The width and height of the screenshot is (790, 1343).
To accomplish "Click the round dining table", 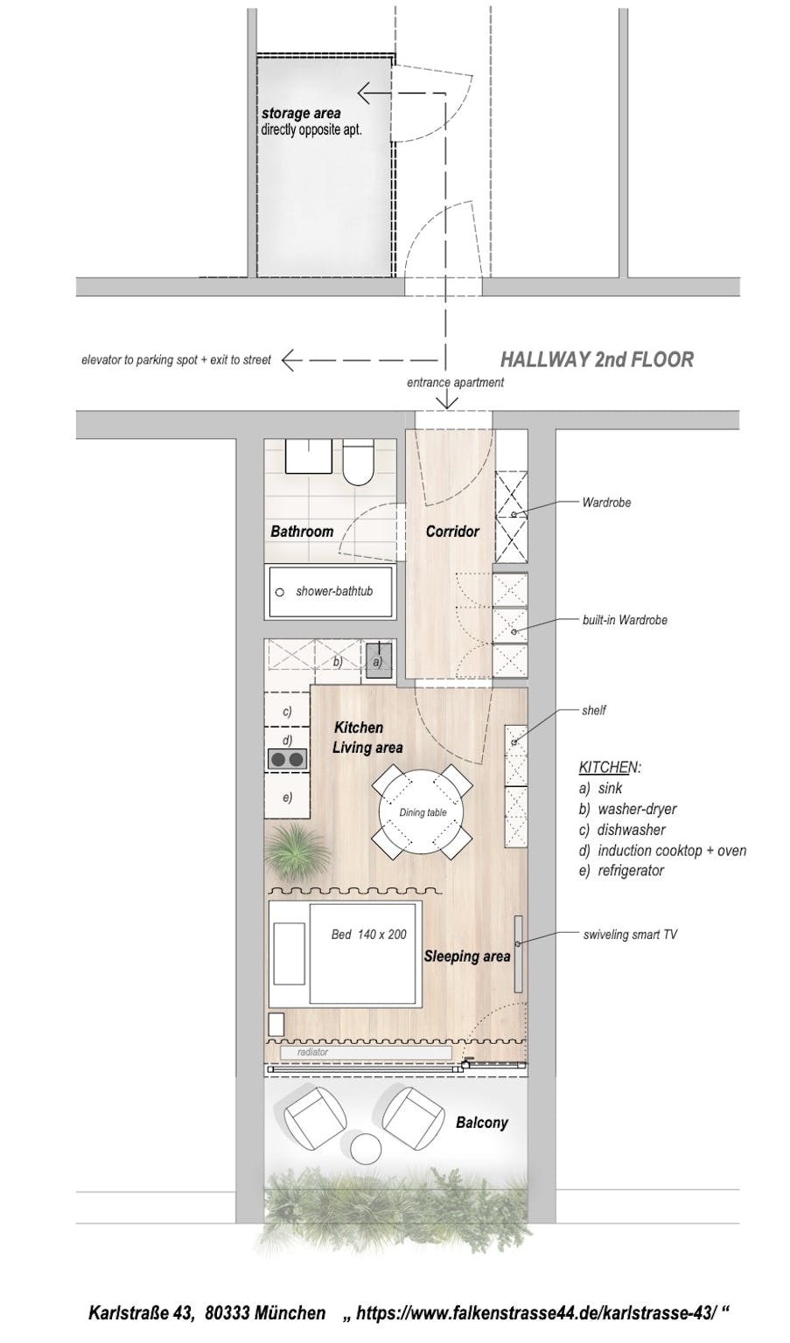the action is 421,811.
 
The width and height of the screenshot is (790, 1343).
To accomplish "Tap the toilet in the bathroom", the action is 358,462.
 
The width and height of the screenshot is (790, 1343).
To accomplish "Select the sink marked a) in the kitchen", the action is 379,661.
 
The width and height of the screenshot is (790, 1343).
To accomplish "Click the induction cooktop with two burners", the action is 287,758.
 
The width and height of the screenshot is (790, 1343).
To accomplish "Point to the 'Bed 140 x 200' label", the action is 368,934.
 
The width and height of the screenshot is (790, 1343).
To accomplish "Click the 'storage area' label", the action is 301,113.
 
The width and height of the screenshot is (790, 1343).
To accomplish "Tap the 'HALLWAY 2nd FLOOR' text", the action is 597,359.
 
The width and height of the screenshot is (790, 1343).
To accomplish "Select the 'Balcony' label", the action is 482,1122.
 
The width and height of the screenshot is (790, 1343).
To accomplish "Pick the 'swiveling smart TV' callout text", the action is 630,934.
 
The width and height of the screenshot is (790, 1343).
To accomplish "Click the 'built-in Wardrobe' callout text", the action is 625,620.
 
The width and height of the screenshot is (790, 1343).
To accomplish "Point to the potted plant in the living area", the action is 298,851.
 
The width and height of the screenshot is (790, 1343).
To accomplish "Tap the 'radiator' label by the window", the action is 313,1052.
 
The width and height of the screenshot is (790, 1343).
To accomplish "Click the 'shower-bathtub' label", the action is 334,591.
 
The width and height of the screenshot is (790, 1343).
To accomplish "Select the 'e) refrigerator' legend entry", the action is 621,870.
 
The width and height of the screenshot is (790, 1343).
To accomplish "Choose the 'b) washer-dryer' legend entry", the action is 627,809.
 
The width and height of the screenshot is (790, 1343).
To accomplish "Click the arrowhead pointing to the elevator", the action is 290,359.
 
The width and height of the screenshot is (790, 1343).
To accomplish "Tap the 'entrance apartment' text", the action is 455,382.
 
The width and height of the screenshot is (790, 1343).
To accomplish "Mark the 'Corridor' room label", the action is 452,532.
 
